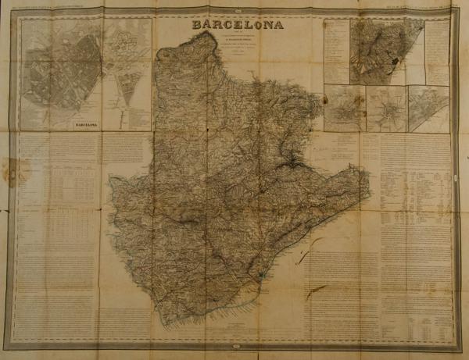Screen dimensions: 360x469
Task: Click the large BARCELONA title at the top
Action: (x=238, y=23)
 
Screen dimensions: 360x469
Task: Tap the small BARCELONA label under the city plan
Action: (x=88, y=123)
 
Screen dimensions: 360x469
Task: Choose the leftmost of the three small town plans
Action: (x=345, y=108)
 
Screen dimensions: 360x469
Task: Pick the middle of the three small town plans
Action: (x=386, y=108)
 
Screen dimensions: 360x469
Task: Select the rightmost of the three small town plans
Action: (x=428, y=108)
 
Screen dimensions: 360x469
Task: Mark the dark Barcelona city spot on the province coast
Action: (x=262, y=276)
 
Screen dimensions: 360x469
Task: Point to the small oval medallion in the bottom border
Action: (x=235, y=346)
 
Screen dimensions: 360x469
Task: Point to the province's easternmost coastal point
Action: (x=367, y=170)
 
